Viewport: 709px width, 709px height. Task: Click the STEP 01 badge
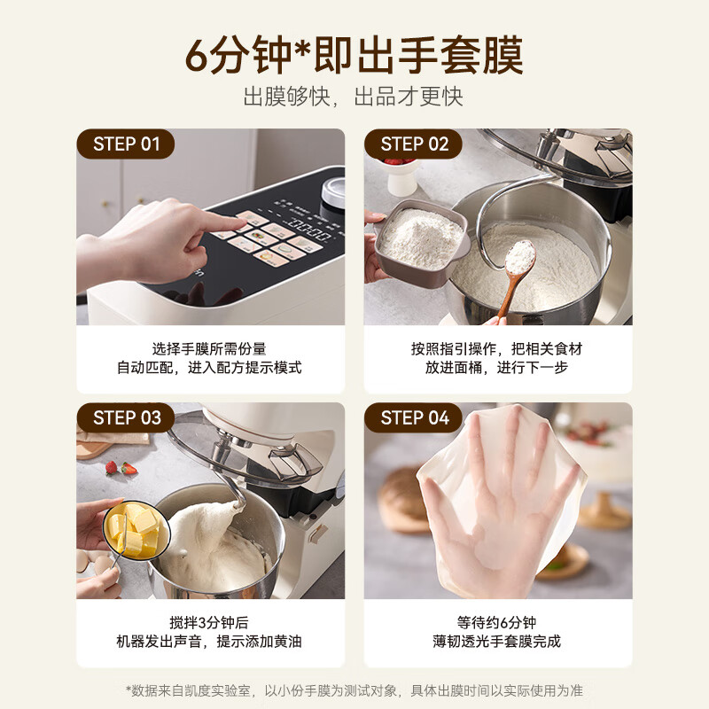(126, 144)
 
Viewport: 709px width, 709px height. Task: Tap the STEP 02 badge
(413, 144)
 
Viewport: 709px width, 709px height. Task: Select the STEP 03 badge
(126, 417)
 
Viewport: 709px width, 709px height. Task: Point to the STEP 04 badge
(413, 417)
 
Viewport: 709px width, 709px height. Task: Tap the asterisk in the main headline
(302, 49)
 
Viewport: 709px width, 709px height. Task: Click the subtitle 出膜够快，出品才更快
(353, 97)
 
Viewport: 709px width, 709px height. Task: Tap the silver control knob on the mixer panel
(333, 191)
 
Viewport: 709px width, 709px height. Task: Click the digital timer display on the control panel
(308, 230)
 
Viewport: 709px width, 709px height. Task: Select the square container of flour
(419, 242)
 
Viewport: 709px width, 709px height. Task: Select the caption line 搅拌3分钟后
(209, 623)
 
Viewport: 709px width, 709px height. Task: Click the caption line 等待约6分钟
(496, 623)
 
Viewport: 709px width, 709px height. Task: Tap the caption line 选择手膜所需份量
(209, 348)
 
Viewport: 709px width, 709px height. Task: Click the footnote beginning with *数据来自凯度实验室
(354, 690)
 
